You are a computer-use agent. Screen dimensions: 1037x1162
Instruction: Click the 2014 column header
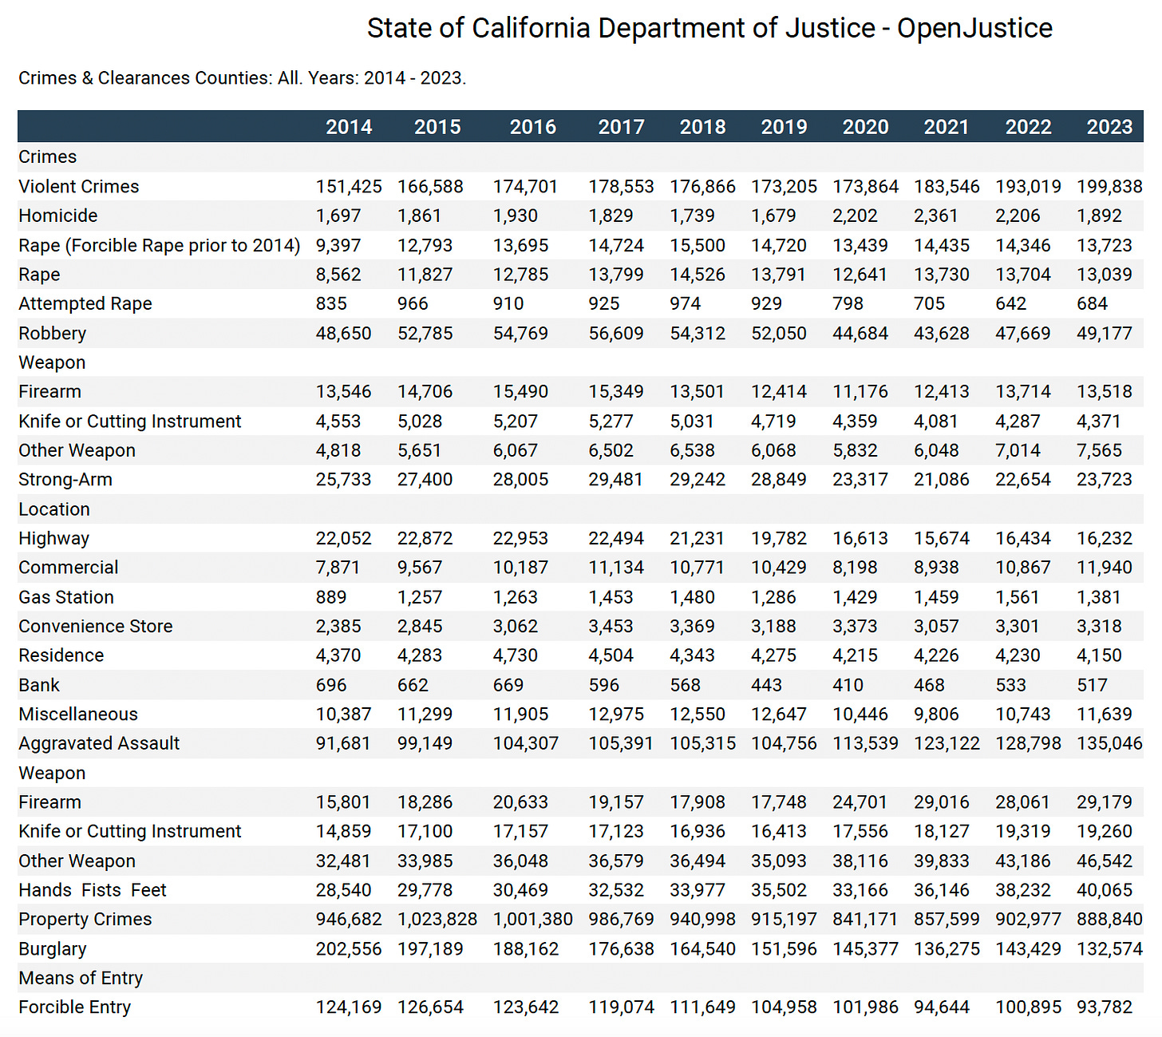349,127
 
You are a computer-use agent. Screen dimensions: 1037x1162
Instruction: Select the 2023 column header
1109,127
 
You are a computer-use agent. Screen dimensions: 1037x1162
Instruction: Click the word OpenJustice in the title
974,29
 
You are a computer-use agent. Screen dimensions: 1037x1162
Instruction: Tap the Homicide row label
58,216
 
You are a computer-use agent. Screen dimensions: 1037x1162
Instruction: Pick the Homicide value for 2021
942,216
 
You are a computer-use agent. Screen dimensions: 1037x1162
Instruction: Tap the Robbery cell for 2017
616,333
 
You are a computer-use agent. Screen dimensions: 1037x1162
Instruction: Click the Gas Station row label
66,597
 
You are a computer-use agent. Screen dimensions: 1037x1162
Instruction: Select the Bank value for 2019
766,685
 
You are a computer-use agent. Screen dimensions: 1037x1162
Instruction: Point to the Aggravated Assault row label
99,743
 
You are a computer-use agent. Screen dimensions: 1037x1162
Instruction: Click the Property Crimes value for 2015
437,919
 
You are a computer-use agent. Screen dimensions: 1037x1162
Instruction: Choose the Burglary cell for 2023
1109,948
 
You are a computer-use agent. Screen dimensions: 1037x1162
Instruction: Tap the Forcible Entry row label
75,1007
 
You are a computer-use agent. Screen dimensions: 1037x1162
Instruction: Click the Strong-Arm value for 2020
860,480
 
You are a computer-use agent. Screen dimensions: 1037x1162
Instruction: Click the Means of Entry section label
81,978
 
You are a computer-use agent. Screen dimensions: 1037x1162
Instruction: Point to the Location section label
54,509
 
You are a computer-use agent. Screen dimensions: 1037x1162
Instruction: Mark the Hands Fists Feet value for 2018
698,890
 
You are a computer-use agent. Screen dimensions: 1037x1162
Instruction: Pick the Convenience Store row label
96,626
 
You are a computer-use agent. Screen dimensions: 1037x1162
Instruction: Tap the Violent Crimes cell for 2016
525,187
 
